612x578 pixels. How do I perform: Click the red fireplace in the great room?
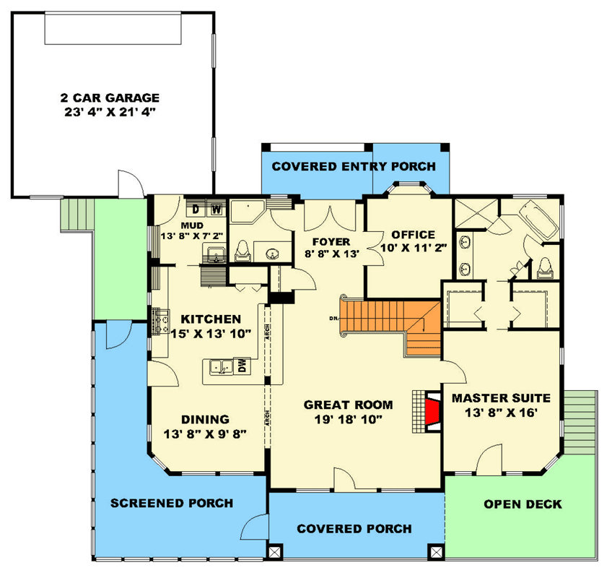pyautogui.click(x=431, y=411)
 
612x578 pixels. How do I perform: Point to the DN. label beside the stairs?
pyautogui.click(x=333, y=318)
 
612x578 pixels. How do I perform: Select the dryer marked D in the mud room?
pyautogui.click(x=196, y=210)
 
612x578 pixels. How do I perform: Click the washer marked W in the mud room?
pyautogui.click(x=215, y=210)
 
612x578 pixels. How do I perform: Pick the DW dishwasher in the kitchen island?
pyautogui.click(x=241, y=367)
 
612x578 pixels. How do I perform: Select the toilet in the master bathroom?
pyautogui.click(x=543, y=266)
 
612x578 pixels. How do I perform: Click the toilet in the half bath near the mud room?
pyautogui.click(x=242, y=250)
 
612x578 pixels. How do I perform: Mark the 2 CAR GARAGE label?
pyautogui.click(x=110, y=98)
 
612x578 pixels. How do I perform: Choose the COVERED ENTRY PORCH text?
pyautogui.click(x=354, y=167)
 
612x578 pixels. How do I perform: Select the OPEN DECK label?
pyautogui.click(x=523, y=504)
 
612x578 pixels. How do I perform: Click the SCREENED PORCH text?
pyautogui.click(x=171, y=503)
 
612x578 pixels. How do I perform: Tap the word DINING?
pyautogui.click(x=205, y=419)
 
